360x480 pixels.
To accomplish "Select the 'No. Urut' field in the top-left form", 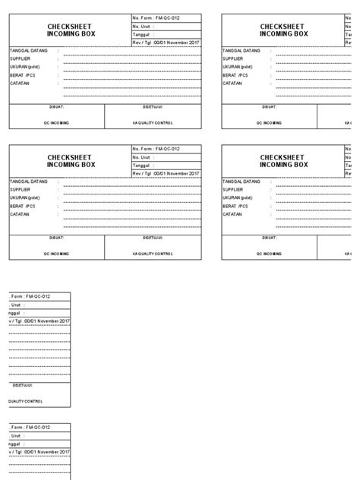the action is (144, 26).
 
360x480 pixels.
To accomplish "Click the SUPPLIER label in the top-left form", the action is (21, 58).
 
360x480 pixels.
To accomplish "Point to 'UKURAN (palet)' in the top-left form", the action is (25, 67).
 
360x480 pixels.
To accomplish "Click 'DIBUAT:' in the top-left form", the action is (57, 108).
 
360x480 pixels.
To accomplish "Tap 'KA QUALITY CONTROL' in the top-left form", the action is (158, 122).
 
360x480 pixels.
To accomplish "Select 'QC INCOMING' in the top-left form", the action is (57, 122).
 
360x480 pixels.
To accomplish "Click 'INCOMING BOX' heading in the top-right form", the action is (283, 33).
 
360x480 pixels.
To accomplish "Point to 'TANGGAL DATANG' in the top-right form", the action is (241, 50).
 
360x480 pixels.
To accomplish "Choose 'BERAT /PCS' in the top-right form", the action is (235, 74).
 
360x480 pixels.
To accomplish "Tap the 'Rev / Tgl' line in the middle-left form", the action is (166, 174).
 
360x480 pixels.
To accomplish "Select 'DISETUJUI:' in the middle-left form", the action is (158, 238).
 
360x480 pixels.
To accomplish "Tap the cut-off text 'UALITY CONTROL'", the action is (27, 401).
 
